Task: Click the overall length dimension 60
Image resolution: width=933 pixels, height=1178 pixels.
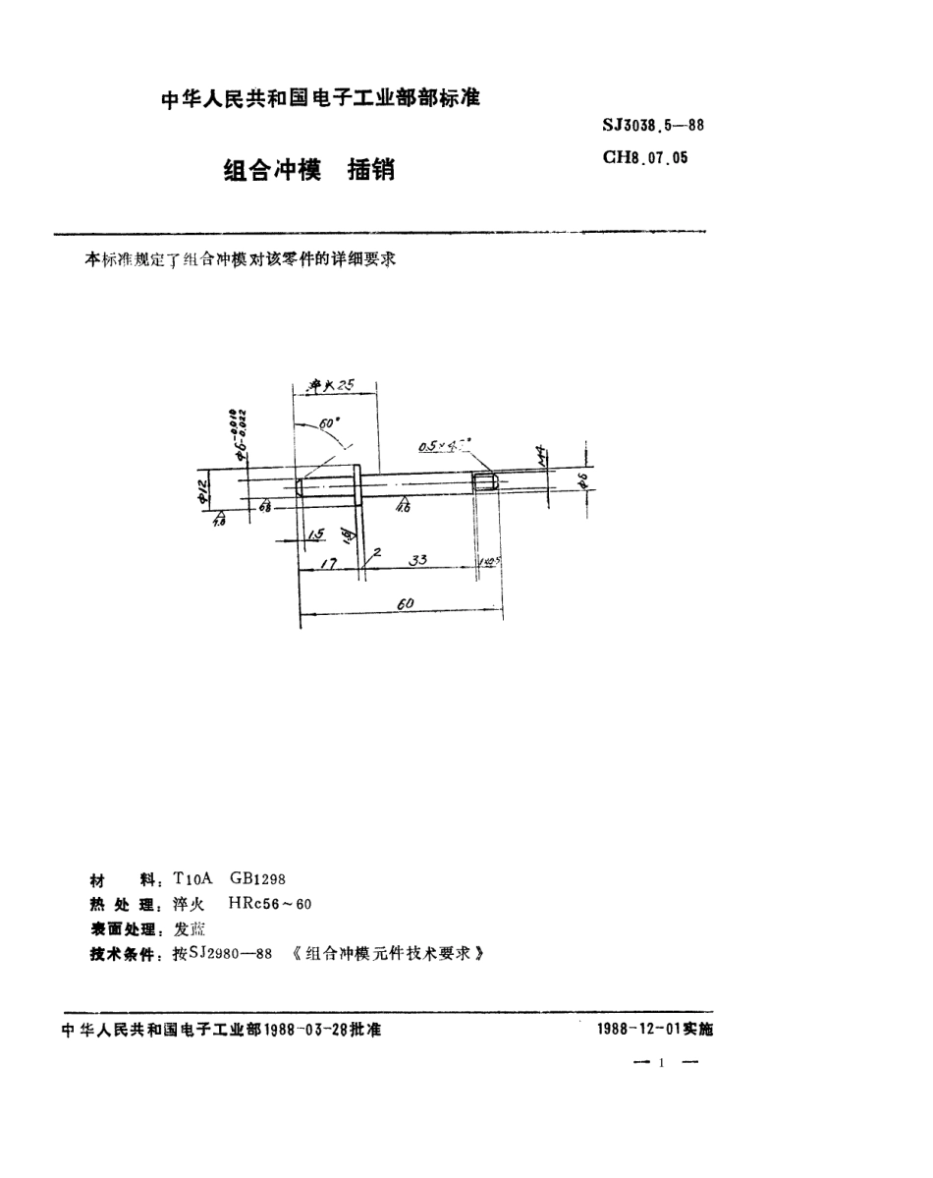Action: (x=404, y=606)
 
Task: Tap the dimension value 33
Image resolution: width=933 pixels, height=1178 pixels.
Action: (x=417, y=560)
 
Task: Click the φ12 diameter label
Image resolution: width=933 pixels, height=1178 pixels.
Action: (x=204, y=488)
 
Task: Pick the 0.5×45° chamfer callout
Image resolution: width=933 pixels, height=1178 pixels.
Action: (x=440, y=445)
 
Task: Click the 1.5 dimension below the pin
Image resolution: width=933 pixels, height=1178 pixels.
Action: (x=315, y=534)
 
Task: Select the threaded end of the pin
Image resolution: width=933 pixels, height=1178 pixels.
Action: (x=486, y=482)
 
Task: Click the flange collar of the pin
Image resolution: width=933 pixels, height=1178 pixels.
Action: (x=358, y=483)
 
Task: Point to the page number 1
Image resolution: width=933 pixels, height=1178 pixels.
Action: (x=664, y=1063)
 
